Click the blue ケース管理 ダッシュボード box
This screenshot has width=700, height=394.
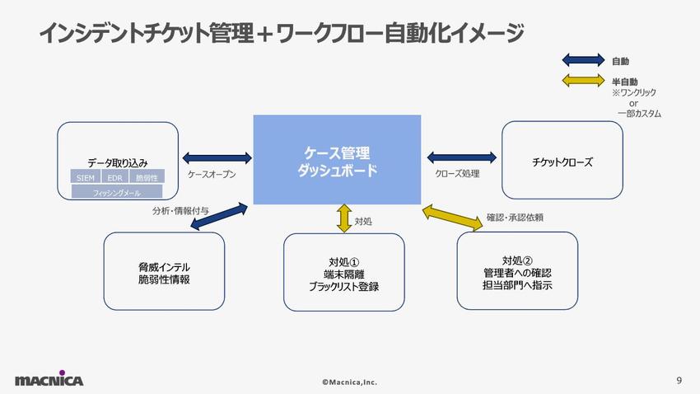tap(337, 161)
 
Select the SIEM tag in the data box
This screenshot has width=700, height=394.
tap(86, 177)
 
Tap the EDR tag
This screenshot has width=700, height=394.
tap(115, 177)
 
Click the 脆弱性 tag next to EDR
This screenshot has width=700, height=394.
tap(147, 177)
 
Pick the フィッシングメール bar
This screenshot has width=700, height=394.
tap(116, 192)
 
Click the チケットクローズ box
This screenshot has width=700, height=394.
tap(562, 161)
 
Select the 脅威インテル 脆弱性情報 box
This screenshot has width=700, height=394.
tap(164, 271)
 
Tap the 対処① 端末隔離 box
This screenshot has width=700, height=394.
tap(343, 272)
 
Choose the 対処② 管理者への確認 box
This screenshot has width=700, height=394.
tap(517, 271)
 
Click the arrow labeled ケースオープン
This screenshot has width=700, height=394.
tap(217, 157)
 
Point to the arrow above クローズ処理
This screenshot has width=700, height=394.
tap(462, 157)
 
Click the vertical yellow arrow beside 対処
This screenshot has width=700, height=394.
tap(343, 218)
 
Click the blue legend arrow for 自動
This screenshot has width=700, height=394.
tap(583, 60)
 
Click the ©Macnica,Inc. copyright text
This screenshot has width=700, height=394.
tap(349, 382)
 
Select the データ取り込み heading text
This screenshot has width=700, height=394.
tap(117, 162)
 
